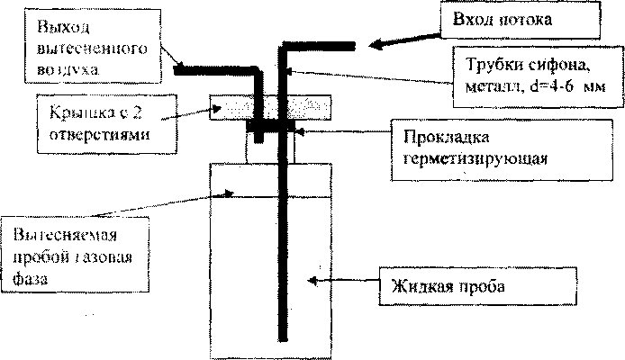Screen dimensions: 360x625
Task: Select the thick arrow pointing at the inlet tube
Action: point(406,41)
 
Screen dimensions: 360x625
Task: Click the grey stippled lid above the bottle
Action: point(270,109)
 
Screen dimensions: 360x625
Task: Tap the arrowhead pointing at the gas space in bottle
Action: point(231,192)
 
